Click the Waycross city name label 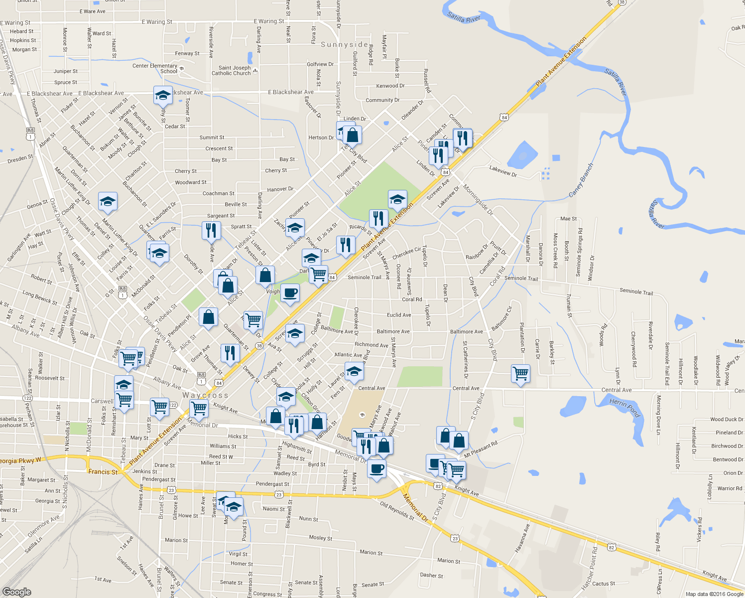pos(205,395)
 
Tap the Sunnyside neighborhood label pos(345,44)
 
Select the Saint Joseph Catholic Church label pos(235,71)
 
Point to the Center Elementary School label pos(155,68)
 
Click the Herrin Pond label pos(624,407)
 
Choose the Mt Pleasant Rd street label pos(481,449)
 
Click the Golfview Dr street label pos(320,64)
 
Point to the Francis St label pos(103,471)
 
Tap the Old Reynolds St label pos(397,511)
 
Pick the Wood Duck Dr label pos(727,420)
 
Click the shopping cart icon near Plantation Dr pos(520,372)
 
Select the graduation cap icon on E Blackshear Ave pos(162,95)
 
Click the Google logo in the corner pos(17,592)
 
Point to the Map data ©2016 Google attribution pos(714,594)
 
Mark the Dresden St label pos(20,159)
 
